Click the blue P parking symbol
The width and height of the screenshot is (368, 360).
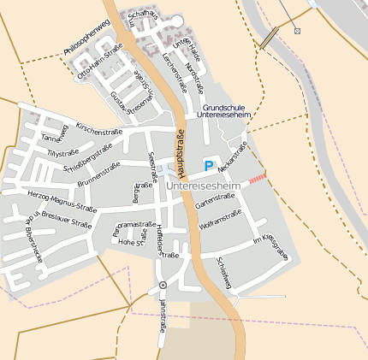click(208, 166)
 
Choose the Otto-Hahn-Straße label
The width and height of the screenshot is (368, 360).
click(100, 64)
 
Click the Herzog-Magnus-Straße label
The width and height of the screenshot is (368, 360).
click(62, 200)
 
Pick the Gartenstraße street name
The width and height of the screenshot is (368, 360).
click(215, 201)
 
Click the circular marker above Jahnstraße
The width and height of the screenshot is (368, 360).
click(163, 285)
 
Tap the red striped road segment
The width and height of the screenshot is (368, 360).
click(257, 177)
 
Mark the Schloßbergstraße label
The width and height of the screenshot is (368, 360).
click(89, 156)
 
